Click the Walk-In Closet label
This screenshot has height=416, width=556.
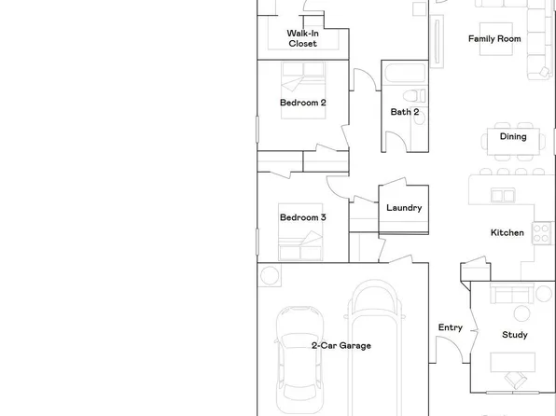click(302, 38)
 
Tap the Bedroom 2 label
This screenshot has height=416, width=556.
click(302, 103)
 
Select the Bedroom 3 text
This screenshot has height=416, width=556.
click(302, 217)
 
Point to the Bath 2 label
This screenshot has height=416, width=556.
click(405, 112)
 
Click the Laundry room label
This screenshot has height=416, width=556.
click(404, 208)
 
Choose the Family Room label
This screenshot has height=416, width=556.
click(493, 39)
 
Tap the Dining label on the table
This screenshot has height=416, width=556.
click(512, 137)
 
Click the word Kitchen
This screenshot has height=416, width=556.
click(507, 232)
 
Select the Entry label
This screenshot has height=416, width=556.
click(451, 327)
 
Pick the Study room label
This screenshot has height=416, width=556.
click(514, 335)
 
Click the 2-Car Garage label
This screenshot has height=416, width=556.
click(341, 345)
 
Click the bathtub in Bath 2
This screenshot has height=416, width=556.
click(402, 72)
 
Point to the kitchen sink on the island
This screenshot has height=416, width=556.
click(503, 195)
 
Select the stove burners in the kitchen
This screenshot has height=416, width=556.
click(542, 232)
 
